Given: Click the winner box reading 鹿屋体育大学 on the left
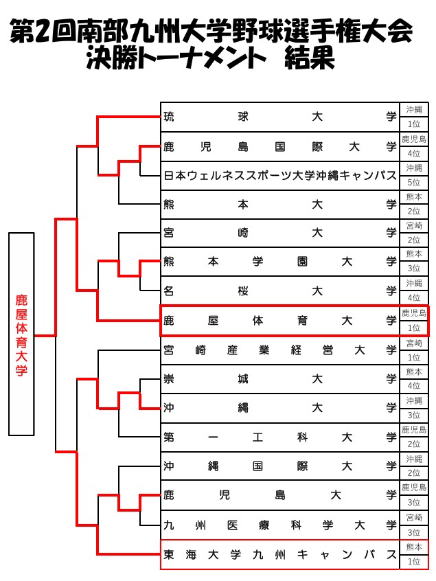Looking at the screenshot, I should tap(21, 334).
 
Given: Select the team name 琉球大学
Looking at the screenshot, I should tap(280, 117).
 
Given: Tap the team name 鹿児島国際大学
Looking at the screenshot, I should tap(280, 146).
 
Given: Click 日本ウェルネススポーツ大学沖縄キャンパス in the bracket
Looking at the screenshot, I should tap(280, 176).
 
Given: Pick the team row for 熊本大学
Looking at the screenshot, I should tap(280, 205).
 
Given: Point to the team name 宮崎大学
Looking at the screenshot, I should tap(280, 233).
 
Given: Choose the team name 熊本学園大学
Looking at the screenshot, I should tap(280, 262).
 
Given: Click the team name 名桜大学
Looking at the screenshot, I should tap(280, 290).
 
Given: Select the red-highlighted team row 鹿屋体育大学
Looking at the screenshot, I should tap(280, 321).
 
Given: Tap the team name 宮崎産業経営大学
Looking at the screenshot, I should tap(280, 350).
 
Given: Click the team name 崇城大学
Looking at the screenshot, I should tap(280, 379).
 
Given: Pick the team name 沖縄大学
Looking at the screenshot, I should tap(280, 408).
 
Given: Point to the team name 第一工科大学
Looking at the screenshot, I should tap(280, 437).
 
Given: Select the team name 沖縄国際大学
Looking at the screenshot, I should tap(280, 466).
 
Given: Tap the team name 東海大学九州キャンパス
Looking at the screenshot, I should tap(280, 555).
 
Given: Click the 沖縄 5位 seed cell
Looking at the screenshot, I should tap(414, 176).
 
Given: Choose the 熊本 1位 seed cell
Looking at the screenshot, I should tap(414, 555).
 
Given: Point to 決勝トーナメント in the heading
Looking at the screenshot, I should tap(176, 59).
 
